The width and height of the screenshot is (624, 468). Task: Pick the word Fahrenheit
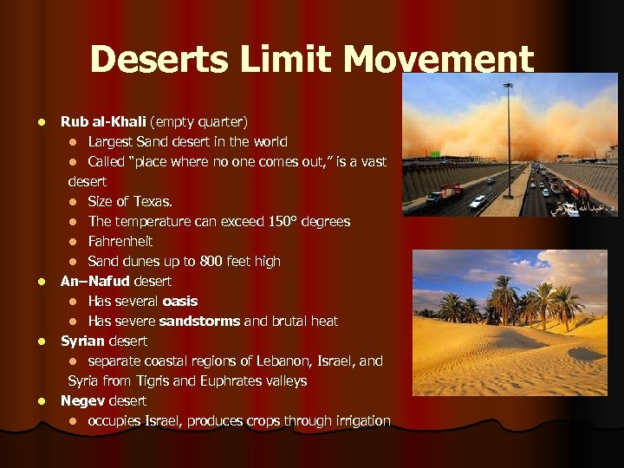point(120,241)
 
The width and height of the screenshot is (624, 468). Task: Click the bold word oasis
point(180,301)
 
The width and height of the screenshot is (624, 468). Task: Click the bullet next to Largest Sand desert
point(75,142)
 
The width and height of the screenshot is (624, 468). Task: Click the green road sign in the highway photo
point(435,153)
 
